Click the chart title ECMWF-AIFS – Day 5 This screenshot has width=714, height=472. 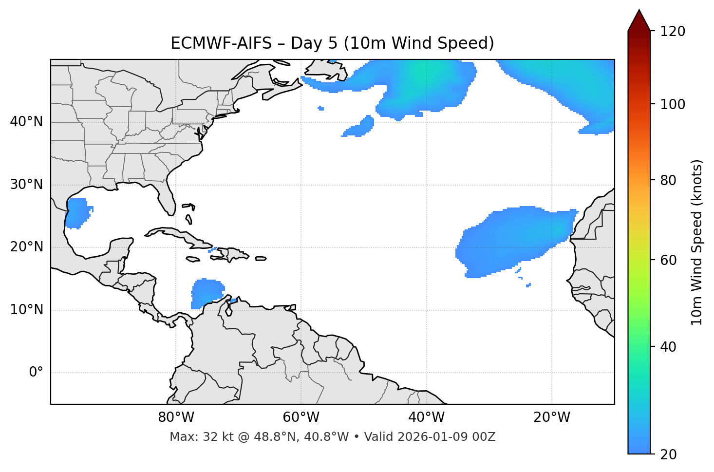point(332,43)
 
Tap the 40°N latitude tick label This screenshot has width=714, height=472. point(26,122)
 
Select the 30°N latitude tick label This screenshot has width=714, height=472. point(26,185)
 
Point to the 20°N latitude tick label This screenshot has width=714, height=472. point(26,247)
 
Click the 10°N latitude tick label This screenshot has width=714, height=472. point(26,310)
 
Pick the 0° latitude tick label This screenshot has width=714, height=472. point(36,373)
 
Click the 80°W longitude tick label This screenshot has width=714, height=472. point(176,417)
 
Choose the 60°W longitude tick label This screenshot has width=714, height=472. point(301,417)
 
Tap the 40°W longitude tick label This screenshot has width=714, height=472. point(426,417)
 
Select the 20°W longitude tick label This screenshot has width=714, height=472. point(552,417)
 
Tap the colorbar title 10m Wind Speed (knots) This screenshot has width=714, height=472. point(697,242)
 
